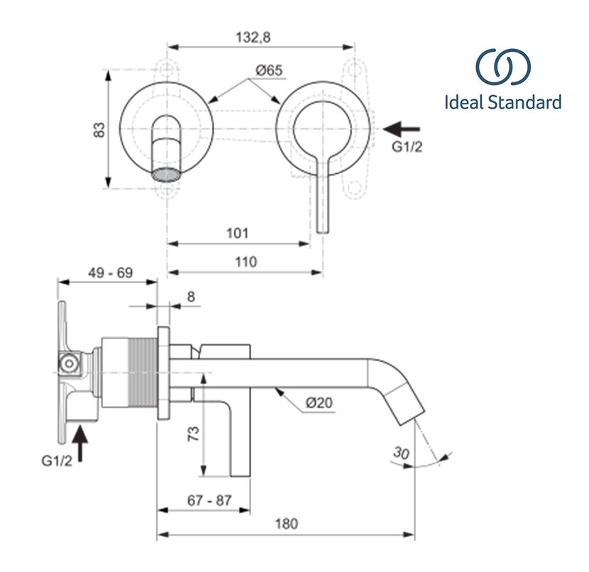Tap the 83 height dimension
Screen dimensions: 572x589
click(100, 129)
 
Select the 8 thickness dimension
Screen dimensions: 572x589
click(190, 297)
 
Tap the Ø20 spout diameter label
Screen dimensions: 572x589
click(320, 402)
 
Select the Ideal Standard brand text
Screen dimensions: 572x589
click(502, 102)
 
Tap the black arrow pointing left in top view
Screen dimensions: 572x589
click(402, 129)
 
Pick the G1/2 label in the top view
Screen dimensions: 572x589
click(409, 148)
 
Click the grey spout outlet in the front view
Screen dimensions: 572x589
click(167, 173)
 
